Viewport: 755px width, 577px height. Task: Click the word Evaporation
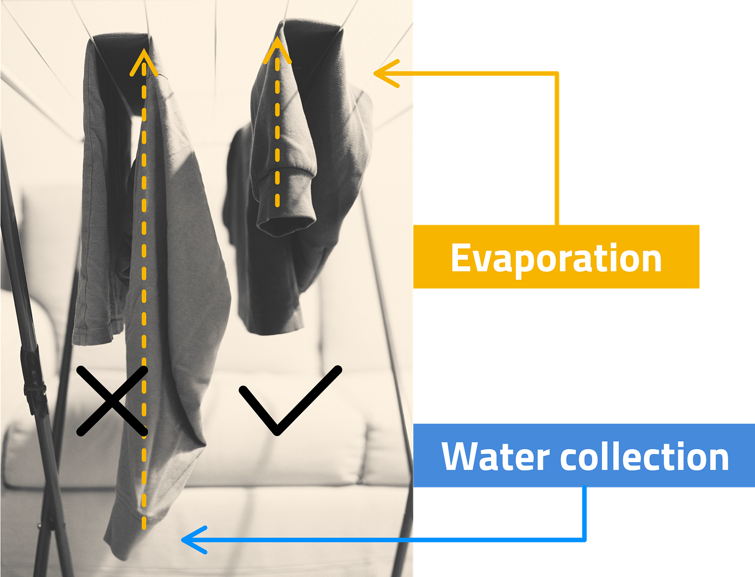point(556,257)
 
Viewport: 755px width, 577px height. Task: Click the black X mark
point(112,400)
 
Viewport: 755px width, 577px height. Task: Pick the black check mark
point(289,400)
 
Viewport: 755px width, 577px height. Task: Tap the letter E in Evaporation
point(462,257)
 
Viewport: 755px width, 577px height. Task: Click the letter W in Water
point(458,456)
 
